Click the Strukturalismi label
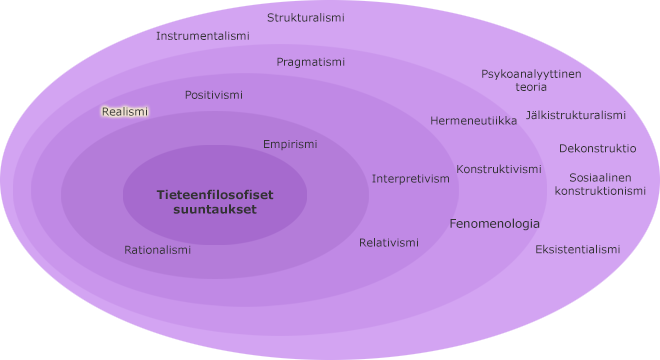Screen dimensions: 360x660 point(305,17)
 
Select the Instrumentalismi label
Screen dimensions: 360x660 point(202,35)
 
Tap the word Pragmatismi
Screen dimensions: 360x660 point(310,62)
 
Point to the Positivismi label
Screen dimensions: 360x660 point(213,95)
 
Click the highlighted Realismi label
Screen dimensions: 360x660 point(125,112)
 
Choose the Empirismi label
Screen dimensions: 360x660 point(290,144)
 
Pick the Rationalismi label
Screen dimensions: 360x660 point(157,250)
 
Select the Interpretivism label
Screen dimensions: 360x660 point(411,179)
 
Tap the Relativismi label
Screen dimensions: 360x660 point(389,243)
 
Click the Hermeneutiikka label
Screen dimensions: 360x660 point(473,121)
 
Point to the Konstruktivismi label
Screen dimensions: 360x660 point(499,169)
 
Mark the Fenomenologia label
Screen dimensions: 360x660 point(494,223)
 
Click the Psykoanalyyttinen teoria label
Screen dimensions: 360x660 point(531,80)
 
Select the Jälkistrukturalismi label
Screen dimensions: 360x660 point(575,115)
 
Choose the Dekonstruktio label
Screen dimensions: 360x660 point(597,148)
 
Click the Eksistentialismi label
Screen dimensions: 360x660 point(577,249)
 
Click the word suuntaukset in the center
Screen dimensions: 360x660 point(214,210)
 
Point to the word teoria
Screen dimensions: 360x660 point(531,87)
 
